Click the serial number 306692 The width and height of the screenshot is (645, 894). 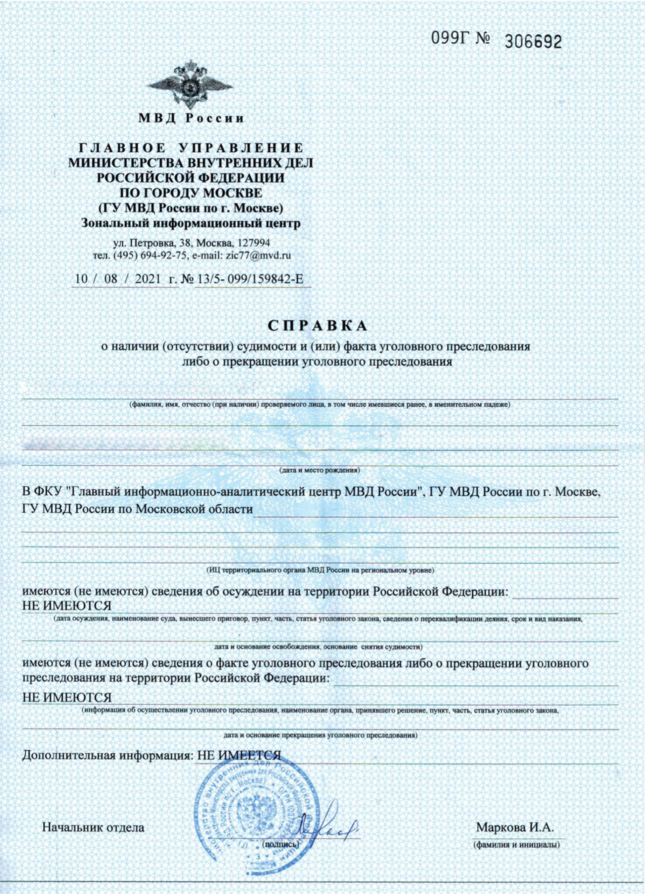tap(532, 41)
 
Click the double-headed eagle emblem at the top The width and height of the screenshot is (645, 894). tap(190, 84)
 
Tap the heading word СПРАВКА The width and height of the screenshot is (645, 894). tap(317, 326)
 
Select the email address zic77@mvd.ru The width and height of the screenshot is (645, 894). tap(258, 255)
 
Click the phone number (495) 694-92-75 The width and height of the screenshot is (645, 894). tap(150, 255)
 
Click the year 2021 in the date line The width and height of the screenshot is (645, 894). tap(148, 279)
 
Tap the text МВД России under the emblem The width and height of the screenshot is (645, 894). tap(191, 118)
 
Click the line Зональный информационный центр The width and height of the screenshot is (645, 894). tap(190, 224)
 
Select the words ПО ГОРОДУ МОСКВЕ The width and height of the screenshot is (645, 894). tap(190, 193)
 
